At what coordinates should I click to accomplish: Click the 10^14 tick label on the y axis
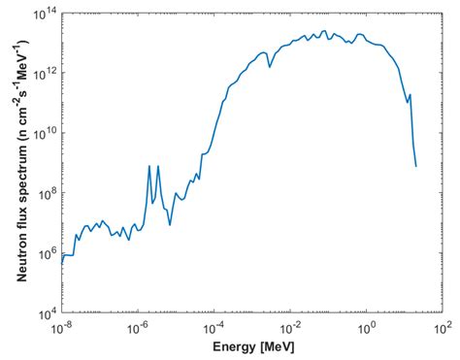tap(45, 13)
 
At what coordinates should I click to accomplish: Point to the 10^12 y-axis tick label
tap(45, 73)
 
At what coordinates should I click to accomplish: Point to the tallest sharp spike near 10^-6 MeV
tap(149, 166)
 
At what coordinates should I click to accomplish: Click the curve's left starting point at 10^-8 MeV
tap(61, 263)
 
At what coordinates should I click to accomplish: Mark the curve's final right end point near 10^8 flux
tap(416, 166)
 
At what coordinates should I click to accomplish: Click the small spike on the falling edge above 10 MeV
tap(411, 95)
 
